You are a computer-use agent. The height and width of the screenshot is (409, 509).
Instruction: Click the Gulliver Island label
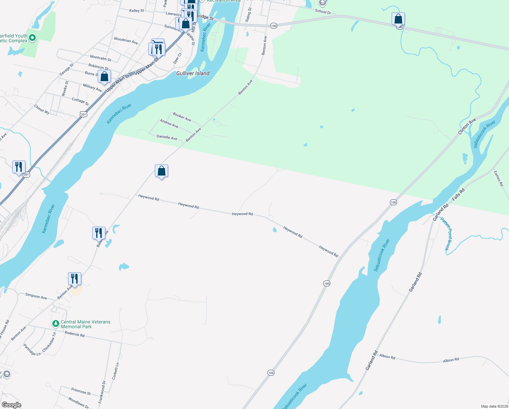193,73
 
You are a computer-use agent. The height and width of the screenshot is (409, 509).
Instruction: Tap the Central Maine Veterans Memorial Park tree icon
55,323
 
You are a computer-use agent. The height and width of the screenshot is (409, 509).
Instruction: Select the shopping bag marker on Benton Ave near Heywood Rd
161,171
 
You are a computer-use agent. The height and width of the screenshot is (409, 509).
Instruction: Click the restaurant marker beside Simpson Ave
75,279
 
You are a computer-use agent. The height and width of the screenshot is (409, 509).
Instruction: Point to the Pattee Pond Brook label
446,234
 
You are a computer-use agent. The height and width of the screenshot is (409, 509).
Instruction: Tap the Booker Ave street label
182,117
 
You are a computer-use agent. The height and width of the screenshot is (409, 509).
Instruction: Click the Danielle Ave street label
167,137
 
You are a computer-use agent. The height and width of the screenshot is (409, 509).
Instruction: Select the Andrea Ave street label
169,123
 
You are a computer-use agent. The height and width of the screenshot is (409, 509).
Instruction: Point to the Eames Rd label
498,179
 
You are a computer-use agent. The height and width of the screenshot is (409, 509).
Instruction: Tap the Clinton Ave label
467,126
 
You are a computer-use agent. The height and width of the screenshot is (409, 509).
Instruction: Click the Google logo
11,405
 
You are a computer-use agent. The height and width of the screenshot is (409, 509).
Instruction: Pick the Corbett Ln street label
115,371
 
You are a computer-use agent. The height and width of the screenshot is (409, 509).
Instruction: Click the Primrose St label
81,391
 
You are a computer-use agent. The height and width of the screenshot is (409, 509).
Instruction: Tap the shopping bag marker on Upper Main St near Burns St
104,77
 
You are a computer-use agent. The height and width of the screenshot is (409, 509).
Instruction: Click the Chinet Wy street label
42,109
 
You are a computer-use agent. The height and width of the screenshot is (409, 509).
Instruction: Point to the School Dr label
323,12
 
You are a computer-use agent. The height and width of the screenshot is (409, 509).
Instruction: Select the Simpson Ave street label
36,296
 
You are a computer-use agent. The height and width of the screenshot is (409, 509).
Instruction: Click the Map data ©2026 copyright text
494,406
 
